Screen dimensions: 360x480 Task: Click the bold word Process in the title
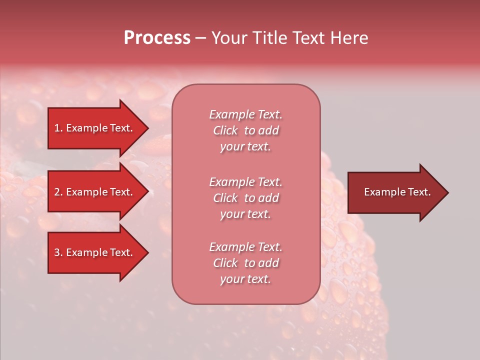157,38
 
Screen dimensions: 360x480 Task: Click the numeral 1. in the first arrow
58,128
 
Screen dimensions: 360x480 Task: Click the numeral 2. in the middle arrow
58,192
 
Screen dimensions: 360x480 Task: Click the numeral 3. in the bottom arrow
58,252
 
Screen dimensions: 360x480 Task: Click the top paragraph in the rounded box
245,130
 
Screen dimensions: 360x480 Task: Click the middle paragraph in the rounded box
245,197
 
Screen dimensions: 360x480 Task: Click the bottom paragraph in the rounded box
245,263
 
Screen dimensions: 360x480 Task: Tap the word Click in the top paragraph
225,130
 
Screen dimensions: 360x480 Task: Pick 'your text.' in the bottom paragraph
245,279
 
